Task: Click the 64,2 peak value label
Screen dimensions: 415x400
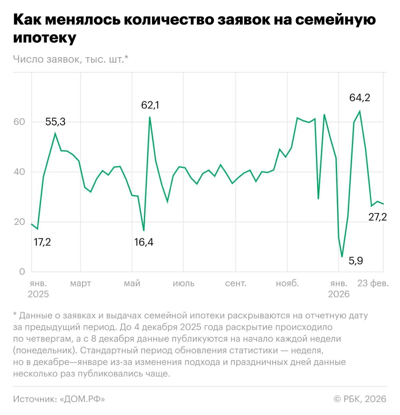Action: (359, 98)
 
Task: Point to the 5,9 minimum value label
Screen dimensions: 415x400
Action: (356, 261)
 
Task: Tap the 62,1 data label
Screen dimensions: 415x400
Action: (150, 105)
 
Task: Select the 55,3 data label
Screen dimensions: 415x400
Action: (55, 122)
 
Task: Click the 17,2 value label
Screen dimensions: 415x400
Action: (42, 242)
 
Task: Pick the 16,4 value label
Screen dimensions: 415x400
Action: (144, 242)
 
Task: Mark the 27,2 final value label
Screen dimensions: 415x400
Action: (377, 217)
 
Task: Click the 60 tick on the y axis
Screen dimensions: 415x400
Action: (19, 122)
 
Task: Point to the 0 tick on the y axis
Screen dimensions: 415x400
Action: (22, 272)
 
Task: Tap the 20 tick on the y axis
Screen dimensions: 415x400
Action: (19, 222)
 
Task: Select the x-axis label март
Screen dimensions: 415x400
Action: (80, 283)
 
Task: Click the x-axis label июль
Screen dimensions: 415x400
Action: (183, 283)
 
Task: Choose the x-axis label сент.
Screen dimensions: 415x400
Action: (236, 283)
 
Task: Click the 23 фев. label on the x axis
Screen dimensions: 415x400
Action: (373, 283)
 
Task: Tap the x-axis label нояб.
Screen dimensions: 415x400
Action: (287, 283)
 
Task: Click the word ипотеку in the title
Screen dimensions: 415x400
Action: (45, 38)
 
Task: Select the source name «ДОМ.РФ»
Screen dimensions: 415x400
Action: (82, 399)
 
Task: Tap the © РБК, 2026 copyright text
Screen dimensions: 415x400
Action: (360, 399)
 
